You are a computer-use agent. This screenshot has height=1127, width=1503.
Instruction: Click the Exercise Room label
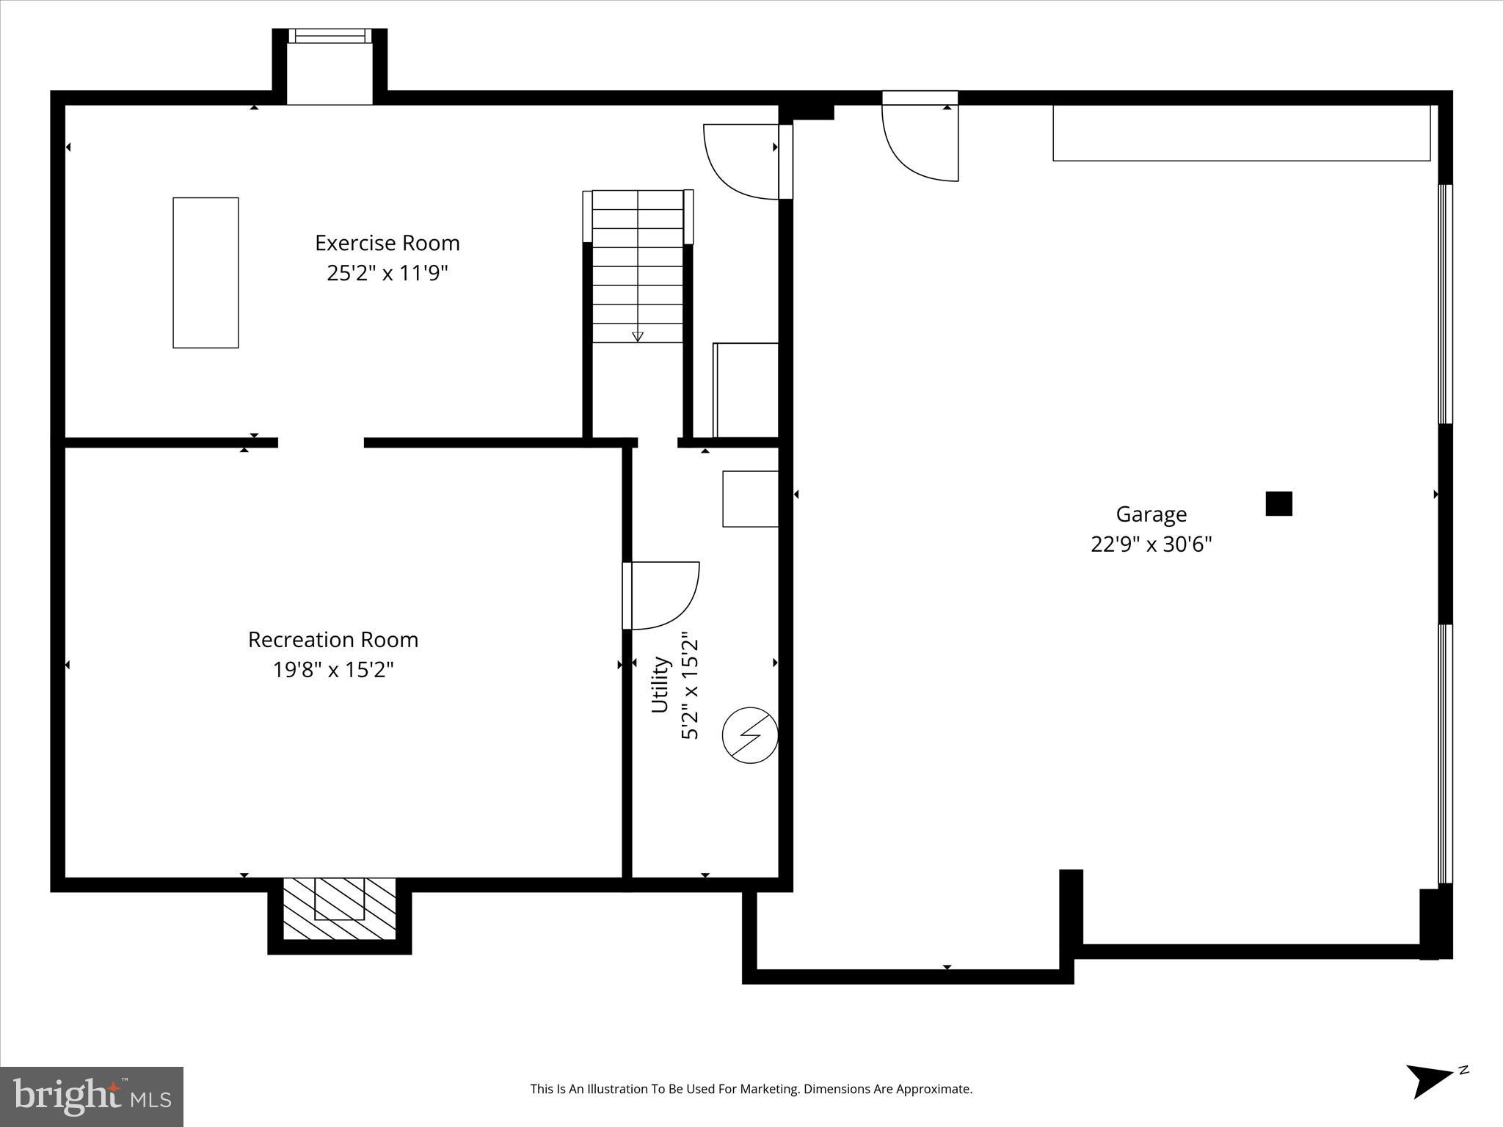point(387,243)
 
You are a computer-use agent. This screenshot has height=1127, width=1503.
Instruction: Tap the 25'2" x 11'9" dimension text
point(387,274)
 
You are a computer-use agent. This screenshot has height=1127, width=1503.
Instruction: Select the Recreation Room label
point(333,640)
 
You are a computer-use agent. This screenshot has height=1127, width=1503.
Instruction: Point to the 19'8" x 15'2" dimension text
point(333,670)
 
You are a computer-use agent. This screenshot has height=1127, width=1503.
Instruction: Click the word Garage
point(1151,514)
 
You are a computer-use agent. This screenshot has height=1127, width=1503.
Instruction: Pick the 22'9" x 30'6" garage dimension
point(1151,544)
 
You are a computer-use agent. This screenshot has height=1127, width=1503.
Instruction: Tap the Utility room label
point(660,684)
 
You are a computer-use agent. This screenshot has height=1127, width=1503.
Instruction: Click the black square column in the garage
point(1278,503)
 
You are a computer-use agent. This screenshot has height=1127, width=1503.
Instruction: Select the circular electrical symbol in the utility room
point(750,735)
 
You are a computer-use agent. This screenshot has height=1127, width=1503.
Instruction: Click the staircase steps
point(638,266)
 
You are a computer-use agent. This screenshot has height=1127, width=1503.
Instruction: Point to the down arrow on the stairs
point(638,336)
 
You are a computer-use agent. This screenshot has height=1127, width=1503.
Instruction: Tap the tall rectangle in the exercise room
point(205,272)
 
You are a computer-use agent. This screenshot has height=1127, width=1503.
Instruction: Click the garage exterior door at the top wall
point(920,139)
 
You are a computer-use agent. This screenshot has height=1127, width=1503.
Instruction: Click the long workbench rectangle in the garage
point(1241,133)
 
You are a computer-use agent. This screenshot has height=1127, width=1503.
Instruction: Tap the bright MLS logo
point(91,1097)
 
